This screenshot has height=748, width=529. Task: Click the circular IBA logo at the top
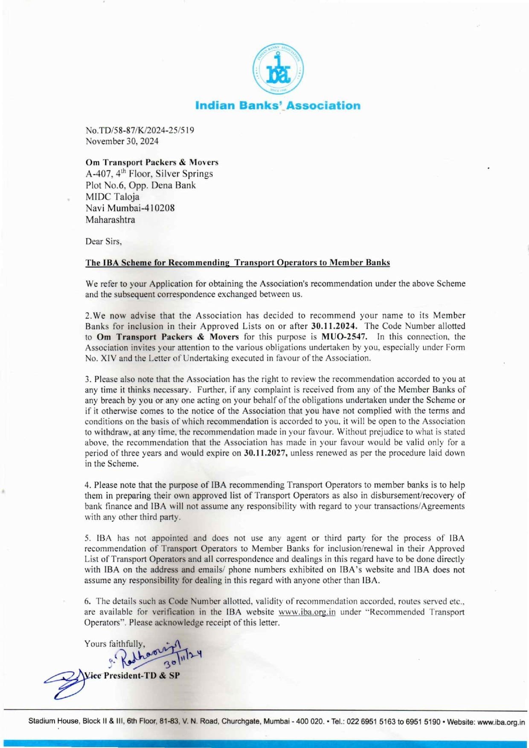click(278, 69)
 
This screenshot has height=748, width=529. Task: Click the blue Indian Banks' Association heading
click(278, 105)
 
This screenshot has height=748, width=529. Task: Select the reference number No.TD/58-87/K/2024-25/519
click(140, 130)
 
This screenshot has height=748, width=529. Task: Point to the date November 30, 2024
click(122, 141)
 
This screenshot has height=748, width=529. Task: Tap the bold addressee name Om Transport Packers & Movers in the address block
click(152, 162)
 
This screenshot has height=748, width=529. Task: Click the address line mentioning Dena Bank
click(140, 185)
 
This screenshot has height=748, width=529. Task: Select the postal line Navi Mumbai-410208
click(130, 208)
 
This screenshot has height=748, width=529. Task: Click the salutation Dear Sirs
click(103, 242)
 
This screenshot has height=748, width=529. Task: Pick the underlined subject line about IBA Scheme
click(237, 263)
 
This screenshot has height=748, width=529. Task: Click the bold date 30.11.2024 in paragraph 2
click(334, 326)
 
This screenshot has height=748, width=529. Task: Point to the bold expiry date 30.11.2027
click(265, 453)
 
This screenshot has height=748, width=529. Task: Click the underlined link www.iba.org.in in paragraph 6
click(307, 612)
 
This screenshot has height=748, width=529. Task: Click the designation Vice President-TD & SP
click(132, 675)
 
